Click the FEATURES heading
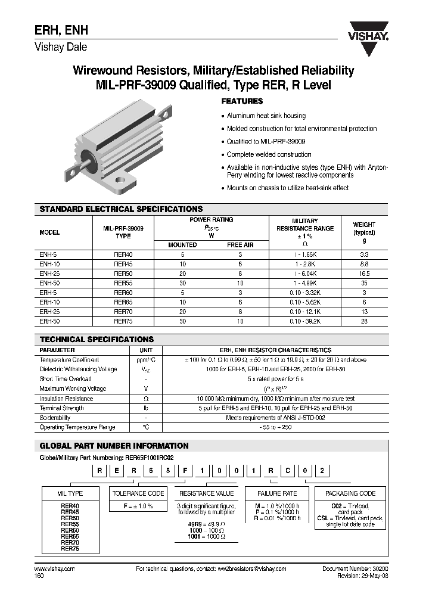tap(242, 101)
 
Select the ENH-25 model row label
tap(49, 273)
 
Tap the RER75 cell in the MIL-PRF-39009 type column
tap(123, 321)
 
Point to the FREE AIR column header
tap(240, 245)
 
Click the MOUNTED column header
tap(183, 245)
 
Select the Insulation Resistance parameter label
tap(66, 399)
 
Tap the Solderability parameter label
tap(56, 418)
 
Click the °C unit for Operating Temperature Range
tap(145, 427)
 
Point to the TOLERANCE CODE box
tap(138, 493)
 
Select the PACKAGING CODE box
tap(350, 493)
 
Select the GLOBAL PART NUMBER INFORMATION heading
tap(114, 446)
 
